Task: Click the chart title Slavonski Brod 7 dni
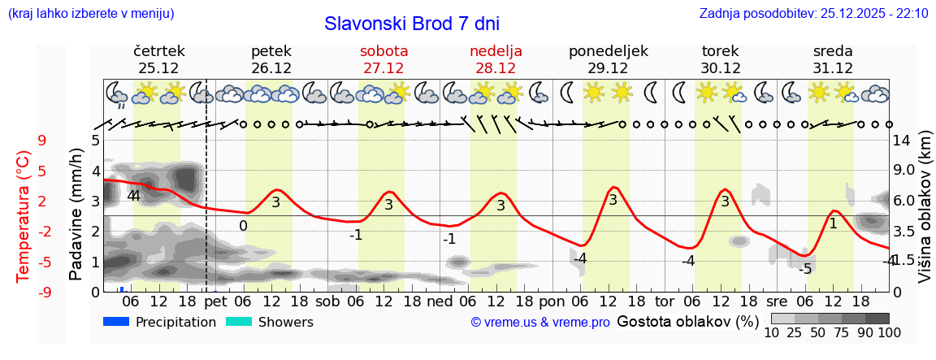[x=411, y=24]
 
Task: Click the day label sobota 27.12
[x=383, y=59]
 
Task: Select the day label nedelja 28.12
[x=496, y=59]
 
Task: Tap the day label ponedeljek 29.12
[x=609, y=59]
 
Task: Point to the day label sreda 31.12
[x=833, y=59]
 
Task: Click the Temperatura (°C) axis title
[x=23, y=217]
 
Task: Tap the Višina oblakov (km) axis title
[x=925, y=217]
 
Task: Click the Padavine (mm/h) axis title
[x=76, y=215]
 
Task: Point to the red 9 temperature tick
[x=42, y=141]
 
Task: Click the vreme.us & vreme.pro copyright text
[x=540, y=323]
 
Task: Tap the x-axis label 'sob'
[x=328, y=301]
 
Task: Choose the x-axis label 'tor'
[x=665, y=301]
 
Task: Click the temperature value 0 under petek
[x=243, y=226]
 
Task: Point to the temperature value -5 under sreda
[x=804, y=269]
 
